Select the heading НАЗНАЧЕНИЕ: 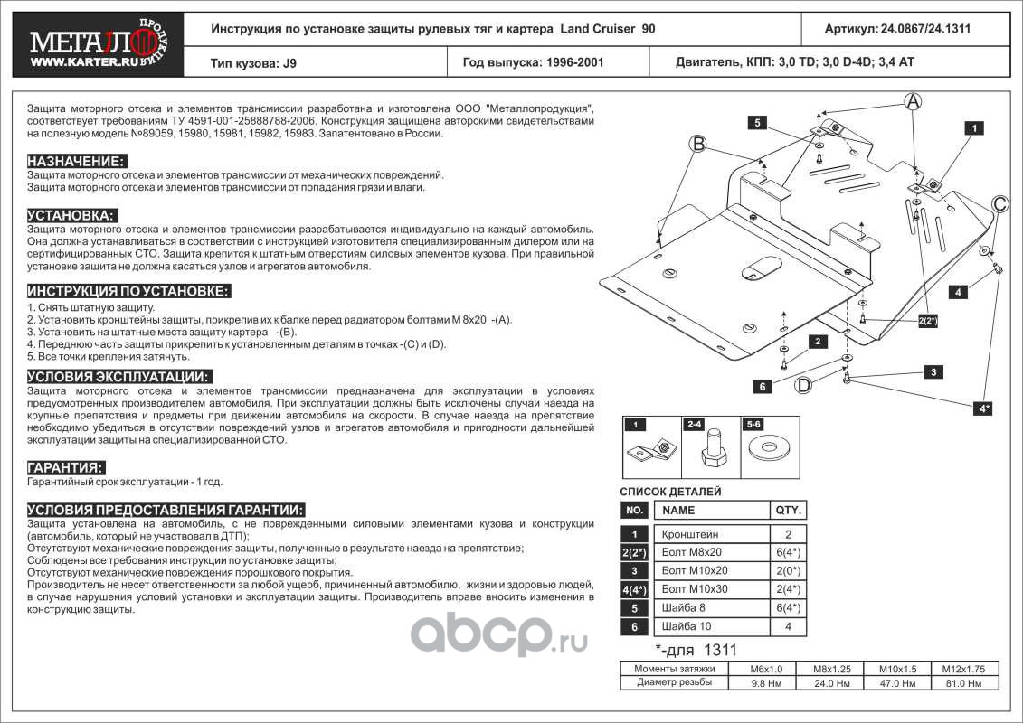coord(76,161)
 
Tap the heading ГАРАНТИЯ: coord(65,467)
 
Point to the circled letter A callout coord(913,101)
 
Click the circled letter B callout coord(697,143)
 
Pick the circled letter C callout coord(999,204)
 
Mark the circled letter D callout coord(802,386)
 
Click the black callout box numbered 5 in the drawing coord(757,122)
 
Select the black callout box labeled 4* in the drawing coord(982,408)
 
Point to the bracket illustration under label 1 coord(651,449)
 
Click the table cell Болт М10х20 coord(694,571)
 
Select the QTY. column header coord(786,510)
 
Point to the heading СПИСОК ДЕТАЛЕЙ coord(670,492)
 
